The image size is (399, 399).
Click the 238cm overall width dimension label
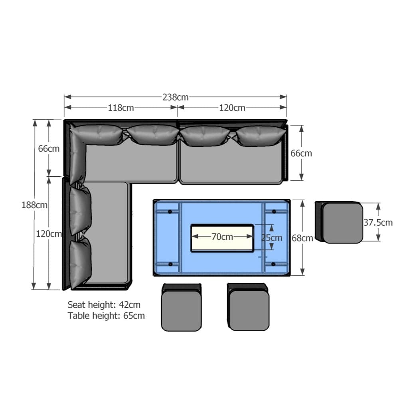click(175, 97)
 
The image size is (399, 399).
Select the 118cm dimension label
click(121, 108)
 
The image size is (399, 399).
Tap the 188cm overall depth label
click(34, 205)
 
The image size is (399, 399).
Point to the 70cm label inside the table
click(222, 237)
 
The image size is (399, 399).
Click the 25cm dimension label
click(272, 238)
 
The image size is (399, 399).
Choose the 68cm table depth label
click(302, 238)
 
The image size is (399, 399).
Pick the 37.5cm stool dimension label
click(378, 222)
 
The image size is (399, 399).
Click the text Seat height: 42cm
click(104, 304)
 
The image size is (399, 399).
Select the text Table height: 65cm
click(106, 316)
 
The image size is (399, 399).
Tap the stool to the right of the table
click(339, 222)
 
